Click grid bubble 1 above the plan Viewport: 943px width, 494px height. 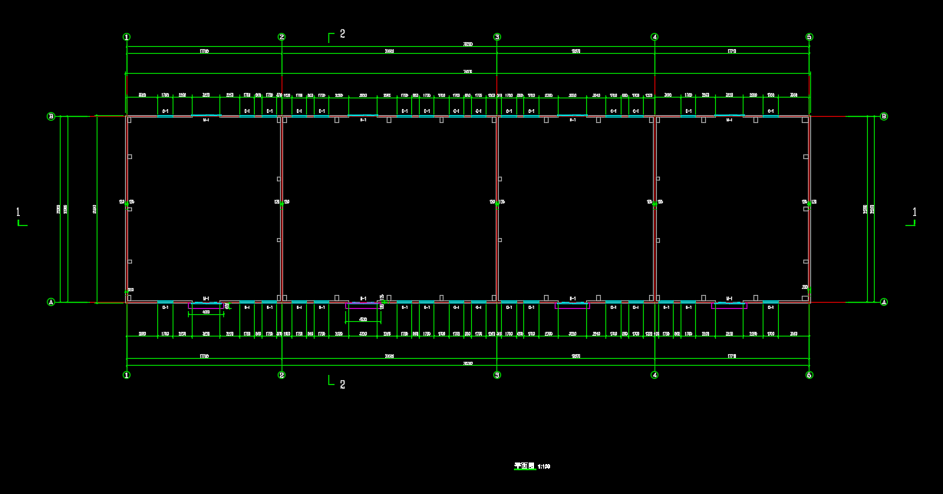(x=127, y=37)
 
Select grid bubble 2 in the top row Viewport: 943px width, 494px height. (x=282, y=37)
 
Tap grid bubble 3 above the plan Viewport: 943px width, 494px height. (x=497, y=37)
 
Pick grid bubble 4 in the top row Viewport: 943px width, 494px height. (x=654, y=37)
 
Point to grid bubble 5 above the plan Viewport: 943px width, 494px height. (x=809, y=37)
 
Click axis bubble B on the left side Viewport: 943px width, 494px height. (x=51, y=117)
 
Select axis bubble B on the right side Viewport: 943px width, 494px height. (x=884, y=117)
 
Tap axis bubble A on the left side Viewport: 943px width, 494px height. (x=51, y=302)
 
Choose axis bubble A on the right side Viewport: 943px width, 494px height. (x=884, y=302)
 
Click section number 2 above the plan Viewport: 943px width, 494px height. (x=342, y=34)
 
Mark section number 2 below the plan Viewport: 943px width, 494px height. (x=342, y=384)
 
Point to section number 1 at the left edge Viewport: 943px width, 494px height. (x=18, y=212)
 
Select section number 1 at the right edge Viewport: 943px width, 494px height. (x=914, y=212)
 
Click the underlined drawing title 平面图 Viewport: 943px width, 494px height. (x=524, y=466)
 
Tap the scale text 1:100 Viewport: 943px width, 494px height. (x=544, y=466)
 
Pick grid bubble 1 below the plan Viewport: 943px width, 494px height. (x=127, y=375)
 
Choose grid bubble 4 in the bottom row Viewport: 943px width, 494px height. (x=654, y=375)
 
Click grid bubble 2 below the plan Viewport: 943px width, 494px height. (x=282, y=375)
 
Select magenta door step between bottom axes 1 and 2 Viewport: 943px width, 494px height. (x=206, y=306)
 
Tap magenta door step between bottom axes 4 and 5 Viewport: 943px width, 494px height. (x=729, y=306)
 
